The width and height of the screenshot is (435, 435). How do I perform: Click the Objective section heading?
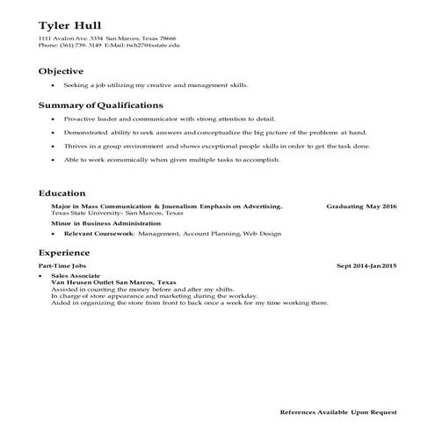tap(61, 71)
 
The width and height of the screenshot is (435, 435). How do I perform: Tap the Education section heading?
tap(62, 192)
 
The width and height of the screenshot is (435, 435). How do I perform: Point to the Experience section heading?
tap(64, 251)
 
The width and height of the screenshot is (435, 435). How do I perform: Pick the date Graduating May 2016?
tap(361, 207)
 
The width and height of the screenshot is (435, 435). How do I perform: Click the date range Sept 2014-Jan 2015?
tap(366, 265)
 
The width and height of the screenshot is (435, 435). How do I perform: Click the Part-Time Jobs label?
tap(63, 265)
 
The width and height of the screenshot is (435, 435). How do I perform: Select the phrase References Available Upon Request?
tap(337, 411)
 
